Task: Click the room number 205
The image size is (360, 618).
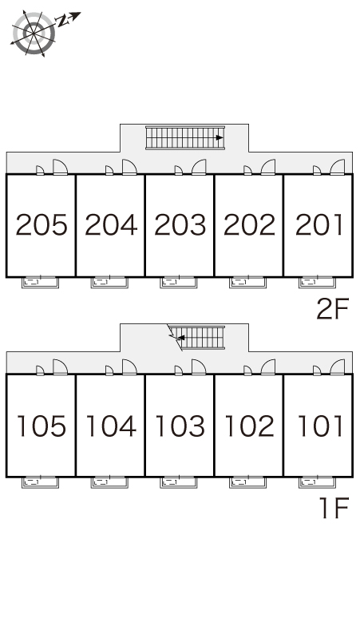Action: [42, 224]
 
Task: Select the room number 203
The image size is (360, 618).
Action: [180, 224]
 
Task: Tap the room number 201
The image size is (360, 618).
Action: [318, 224]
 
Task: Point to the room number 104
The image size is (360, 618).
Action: [111, 426]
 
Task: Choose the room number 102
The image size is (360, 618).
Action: [249, 426]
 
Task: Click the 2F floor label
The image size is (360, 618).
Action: [333, 309]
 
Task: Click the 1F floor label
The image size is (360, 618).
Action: [334, 508]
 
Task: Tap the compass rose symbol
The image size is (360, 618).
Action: [34, 34]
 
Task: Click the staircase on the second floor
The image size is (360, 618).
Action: [185, 137]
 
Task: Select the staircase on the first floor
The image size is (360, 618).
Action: [196, 338]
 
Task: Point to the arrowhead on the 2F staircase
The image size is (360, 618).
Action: [220, 137]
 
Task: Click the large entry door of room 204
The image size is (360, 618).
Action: [129, 167]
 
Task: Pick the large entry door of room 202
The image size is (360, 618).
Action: [268, 167]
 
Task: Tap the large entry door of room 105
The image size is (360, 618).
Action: [60, 367]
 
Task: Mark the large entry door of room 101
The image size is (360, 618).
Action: [338, 367]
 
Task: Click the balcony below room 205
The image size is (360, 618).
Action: [40, 282]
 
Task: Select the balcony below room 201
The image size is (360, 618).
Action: [317, 282]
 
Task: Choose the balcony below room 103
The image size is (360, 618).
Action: [179, 482]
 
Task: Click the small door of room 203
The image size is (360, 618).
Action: [179, 170]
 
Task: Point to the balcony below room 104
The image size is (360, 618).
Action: [109, 482]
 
